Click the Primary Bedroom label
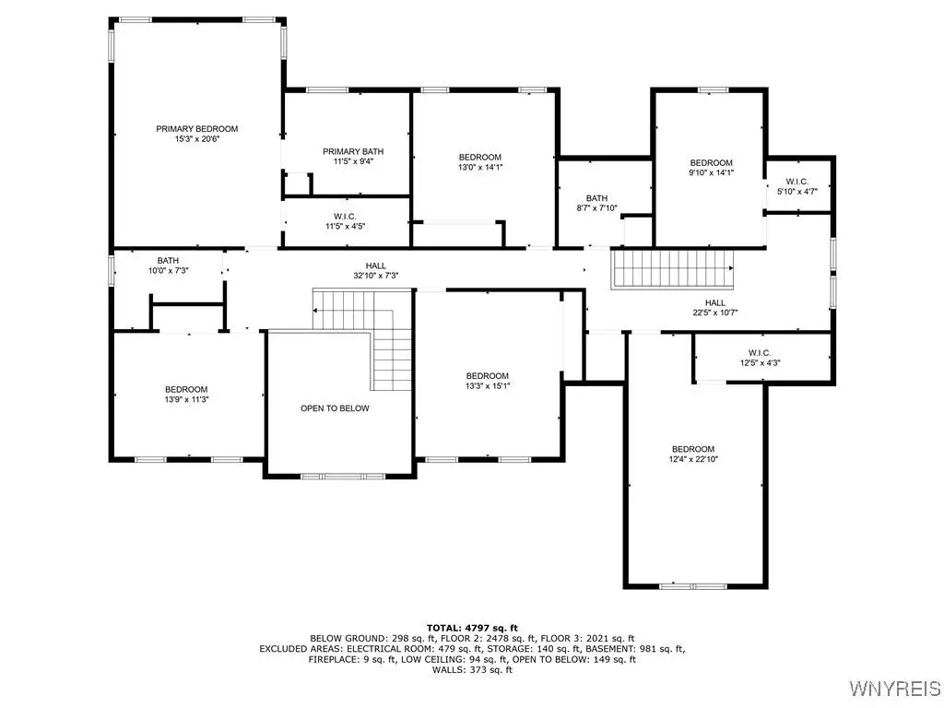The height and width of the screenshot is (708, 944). (x=197, y=129)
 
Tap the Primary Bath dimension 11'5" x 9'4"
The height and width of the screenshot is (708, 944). (x=353, y=161)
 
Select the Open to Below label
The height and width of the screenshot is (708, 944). (x=335, y=408)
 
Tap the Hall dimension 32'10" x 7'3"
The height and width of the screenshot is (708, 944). (x=376, y=276)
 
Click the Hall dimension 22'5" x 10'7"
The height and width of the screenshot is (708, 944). (x=715, y=313)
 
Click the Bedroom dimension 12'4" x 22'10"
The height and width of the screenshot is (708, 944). (x=693, y=459)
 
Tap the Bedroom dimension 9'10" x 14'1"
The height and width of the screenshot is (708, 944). (x=711, y=172)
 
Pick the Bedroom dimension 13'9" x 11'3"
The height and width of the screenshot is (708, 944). (x=186, y=399)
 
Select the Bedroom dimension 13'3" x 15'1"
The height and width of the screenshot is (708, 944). (x=487, y=386)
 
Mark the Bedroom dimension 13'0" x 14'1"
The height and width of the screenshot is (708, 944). (x=479, y=168)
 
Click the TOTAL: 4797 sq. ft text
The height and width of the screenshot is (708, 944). (x=472, y=628)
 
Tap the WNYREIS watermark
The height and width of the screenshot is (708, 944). (x=894, y=688)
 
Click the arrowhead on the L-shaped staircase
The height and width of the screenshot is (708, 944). (x=315, y=310)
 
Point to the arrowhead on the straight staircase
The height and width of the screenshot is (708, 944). (x=731, y=268)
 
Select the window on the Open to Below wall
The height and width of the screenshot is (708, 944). (x=343, y=477)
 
